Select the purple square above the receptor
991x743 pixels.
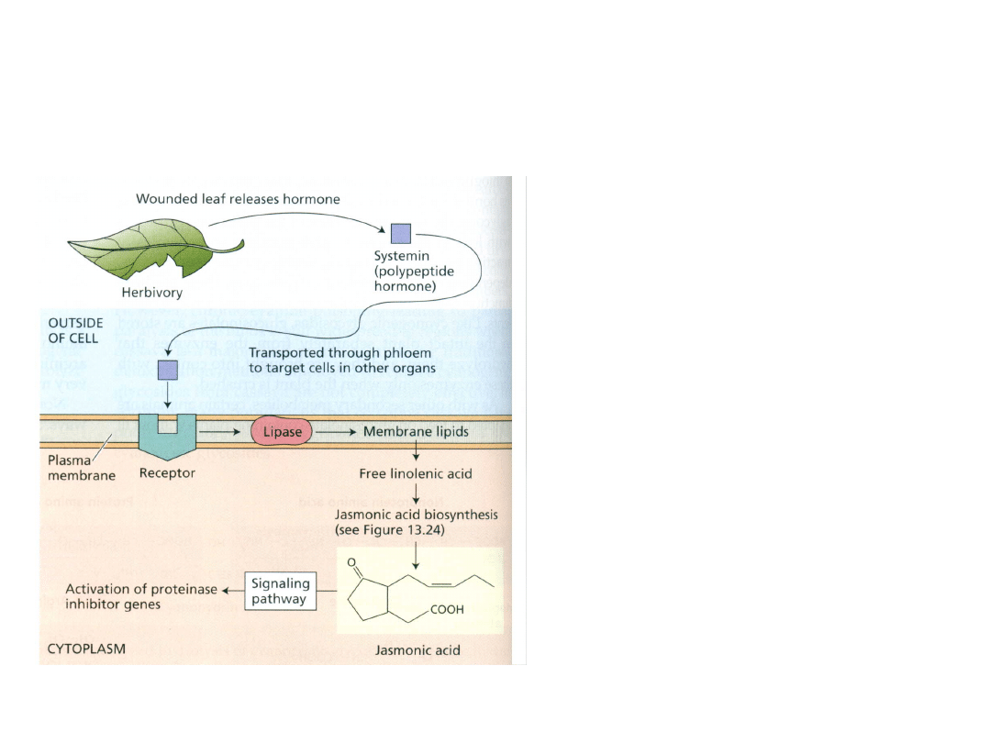(168, 370)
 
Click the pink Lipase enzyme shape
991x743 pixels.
(281, 430)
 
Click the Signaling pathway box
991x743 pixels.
(281, 591)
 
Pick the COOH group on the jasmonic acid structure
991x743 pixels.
(445, 608)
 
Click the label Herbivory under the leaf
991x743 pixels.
(152, 294)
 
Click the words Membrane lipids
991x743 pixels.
(416, 430)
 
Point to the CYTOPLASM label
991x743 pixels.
(86, 649)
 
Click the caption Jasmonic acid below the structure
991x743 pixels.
(418, 650)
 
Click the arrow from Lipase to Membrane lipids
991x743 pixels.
(336, 430)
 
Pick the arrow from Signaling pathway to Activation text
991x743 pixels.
(233, 591)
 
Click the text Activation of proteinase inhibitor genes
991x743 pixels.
(140, 596)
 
